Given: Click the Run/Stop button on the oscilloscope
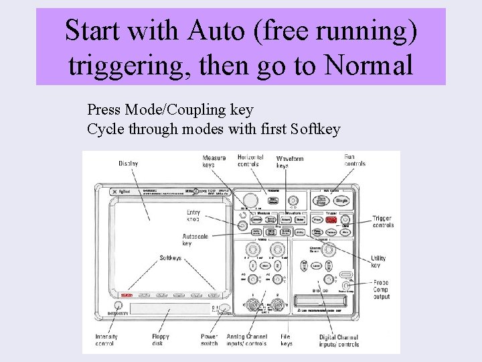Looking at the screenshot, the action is coord(322,200).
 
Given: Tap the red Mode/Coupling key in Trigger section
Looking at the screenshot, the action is coord(331,219).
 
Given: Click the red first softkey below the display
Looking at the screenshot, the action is coord(126,295).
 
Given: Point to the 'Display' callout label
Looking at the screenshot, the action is coord(128,164).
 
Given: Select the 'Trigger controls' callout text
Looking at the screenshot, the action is coord(382,222).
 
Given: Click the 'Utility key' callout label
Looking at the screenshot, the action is coord(379,261).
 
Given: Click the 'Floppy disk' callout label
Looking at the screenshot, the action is coord(161,340).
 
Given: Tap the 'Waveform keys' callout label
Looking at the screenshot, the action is coord(291,162).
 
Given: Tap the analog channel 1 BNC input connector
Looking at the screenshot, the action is coord(252,305).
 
